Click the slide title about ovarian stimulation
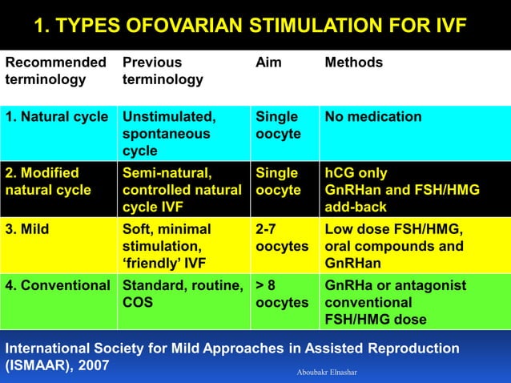pyautogui.click(x=249, y=25)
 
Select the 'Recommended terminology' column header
pyautogui.click(x=55, y=71)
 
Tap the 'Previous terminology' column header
pyautogui.click(x=163, y=71)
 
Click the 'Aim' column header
pyautogui.click(x=268, y=62)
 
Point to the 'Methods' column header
pyautogui.click(x=353, y=62)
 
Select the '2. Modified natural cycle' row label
pyautogui.click(x=48, y=182)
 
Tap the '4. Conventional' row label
pyautogui.click(x=57, y=285)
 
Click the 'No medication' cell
pyautogui.click(x=373, y=118)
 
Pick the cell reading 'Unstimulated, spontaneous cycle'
pyautogui.click(x=167, y=134)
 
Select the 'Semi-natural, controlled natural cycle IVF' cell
pyautogui.click(x=182, y=190)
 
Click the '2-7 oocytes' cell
pyautogui.click(x=281, y=238)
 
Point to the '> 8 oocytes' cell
pyautogui.click(x=281, y=294)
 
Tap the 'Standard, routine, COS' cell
pyautogui.click(x=183, y=294)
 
